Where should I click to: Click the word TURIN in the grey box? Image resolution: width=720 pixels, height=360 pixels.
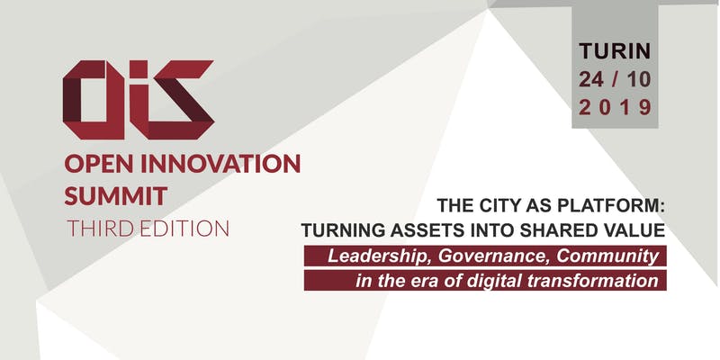[615, 51]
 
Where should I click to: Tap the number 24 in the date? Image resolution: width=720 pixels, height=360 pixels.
[591, 79]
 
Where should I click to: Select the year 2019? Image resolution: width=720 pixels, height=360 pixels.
[615, 108]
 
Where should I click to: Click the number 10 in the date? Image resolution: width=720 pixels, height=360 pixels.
[639, 79]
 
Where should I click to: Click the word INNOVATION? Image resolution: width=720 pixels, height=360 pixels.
[220, 164]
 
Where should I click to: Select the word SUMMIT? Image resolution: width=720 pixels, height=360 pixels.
[116, 195]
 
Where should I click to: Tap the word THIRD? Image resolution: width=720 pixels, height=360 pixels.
[101, 229]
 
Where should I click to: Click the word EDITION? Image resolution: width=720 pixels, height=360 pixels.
[184, 229]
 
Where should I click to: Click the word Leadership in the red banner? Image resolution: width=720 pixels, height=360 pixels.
[380, 256]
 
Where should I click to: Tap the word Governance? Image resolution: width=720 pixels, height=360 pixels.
[493, 256]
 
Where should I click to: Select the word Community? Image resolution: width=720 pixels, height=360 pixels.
[608, 256]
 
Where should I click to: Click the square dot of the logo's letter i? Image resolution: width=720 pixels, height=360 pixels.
[139, 69]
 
